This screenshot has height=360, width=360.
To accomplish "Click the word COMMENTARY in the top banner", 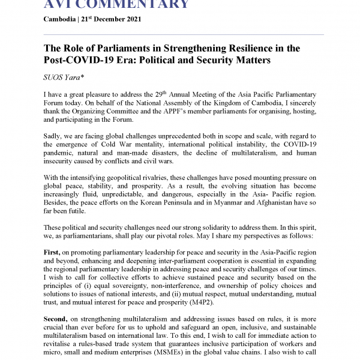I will click(122, 5).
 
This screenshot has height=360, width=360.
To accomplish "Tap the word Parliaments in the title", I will click(120, 48).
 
